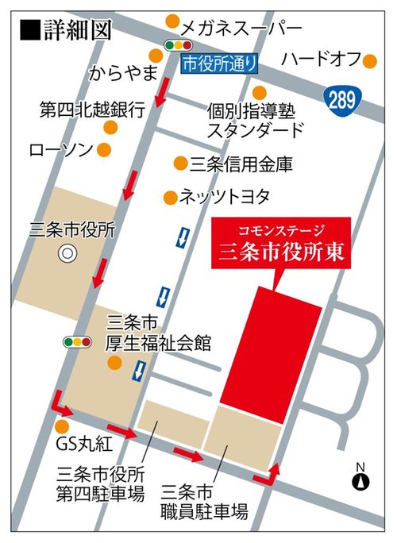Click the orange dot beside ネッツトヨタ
[x=168, y=196]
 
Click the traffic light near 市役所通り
[x=179, y=46]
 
